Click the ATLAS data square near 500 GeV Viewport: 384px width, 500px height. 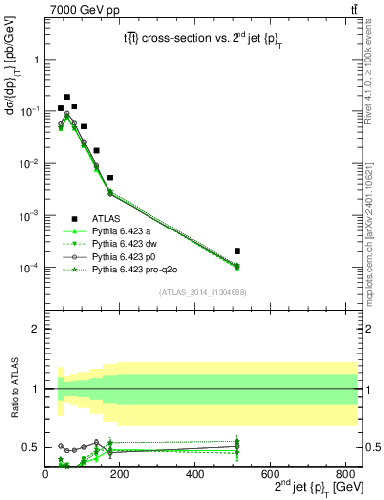[x=237, y=251]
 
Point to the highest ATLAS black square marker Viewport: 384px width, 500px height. [x=67, y=97]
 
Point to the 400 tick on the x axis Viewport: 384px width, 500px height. [x=195, y=474]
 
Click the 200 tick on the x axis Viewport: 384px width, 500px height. [x=120, y=474]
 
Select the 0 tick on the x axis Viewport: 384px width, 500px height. [x=45, y=474]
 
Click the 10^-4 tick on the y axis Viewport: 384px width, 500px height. [x=29, y=268]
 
